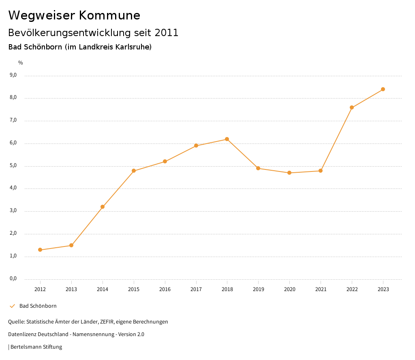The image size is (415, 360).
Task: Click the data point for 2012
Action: click(40, 250)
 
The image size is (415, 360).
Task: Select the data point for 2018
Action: click(227, 139)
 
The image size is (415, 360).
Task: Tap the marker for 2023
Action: click(383, 89)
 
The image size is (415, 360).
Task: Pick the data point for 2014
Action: click(103, 207)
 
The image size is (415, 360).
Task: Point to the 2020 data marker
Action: click(289, 173)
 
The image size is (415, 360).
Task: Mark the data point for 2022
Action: click(352, 107)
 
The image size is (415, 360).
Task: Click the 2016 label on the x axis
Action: click(165, 289)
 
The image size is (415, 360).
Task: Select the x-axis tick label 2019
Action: click(258, 289)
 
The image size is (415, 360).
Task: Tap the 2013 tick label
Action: click(71, 289)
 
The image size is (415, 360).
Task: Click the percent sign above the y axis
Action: click(21, 62)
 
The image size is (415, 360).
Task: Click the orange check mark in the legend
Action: click(12, 306)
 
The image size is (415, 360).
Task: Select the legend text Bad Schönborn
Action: click(38, 306)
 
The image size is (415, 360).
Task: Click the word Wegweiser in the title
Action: click(41, 15)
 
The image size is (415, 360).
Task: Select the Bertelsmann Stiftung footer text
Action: click(36, 347)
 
